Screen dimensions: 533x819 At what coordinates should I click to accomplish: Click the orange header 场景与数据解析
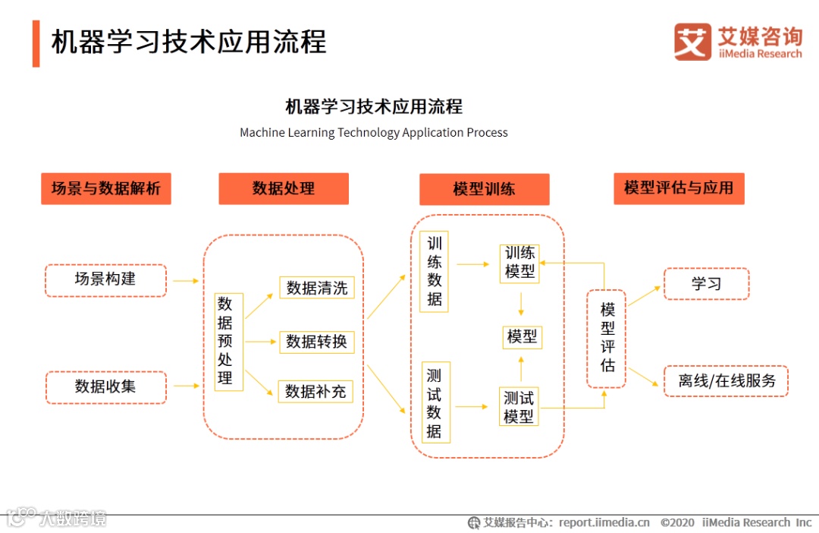click(106, 188)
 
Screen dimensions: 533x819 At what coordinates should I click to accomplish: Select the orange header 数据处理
click(284, 188)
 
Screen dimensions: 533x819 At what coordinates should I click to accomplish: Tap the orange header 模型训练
click(484, 189)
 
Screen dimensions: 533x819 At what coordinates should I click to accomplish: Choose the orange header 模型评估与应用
click(679, 188)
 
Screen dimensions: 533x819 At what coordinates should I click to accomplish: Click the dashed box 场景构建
click(105, 279)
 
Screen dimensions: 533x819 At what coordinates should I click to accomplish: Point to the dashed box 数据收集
click(105, 386)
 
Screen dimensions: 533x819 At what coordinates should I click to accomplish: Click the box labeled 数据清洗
click(316, 288)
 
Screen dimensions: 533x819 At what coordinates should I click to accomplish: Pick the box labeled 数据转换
click(316, 342)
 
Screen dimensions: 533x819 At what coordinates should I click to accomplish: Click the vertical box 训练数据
click(434, 271)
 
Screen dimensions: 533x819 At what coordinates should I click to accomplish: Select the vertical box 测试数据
click(434, 403)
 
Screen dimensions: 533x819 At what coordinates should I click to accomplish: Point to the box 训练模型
click(519, 263)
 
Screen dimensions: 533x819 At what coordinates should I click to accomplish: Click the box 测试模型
click(519, 406)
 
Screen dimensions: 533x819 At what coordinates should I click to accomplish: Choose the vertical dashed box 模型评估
click(607, 338)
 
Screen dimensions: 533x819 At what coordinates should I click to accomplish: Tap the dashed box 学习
click(706, 283)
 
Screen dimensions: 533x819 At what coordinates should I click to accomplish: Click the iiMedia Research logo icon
click(692, 42)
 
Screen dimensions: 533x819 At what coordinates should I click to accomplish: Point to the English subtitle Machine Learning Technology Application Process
click(374, 133)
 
